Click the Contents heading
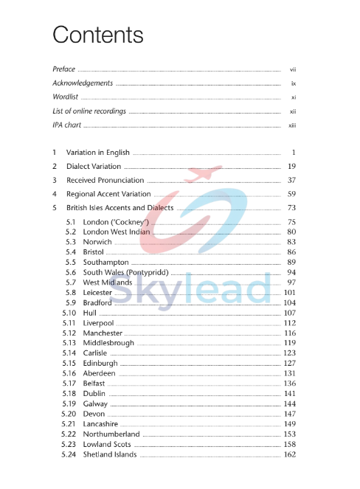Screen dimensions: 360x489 coord(98,35)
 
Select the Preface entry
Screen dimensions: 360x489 coord(64,69)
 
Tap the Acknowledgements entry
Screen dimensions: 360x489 coord(83,83)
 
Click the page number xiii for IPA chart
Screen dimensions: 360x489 coord(292,125)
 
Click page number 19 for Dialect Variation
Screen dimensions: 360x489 coord(292,167)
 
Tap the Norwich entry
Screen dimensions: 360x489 coord(97,242)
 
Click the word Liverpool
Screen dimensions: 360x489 coord(100,323)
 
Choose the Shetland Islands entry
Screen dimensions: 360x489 coord(110,455)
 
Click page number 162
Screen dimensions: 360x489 coord(290,455)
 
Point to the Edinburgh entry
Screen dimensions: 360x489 coord(100,364)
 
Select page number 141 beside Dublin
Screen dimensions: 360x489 coord(290,394)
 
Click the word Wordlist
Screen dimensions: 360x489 coord(66,97)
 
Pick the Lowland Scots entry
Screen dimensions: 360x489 coord(107,445)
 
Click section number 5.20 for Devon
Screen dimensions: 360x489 coord(69,415)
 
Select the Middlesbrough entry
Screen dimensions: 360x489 coord(108,343)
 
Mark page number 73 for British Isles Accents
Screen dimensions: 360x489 coord(292,208)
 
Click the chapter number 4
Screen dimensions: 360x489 coord(55,195)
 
